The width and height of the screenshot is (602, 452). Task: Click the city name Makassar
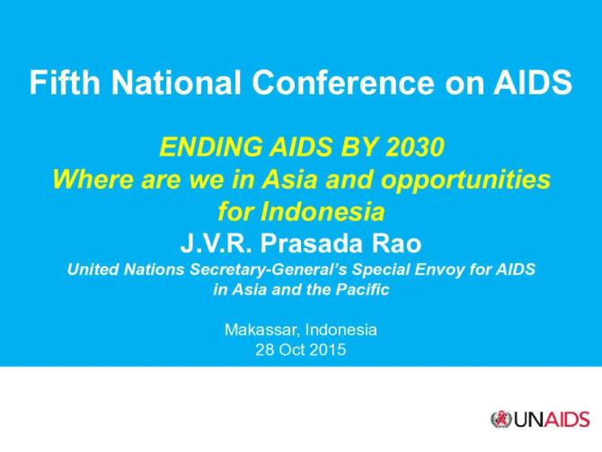262,329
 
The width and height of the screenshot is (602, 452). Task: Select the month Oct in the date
293,350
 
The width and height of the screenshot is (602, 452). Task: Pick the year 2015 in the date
328,350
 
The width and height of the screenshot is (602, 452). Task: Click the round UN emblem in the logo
500,419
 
